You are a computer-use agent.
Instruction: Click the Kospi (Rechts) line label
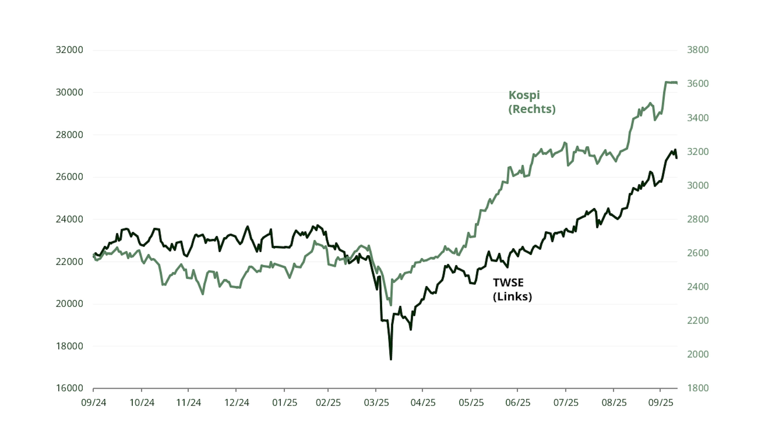[532, 102]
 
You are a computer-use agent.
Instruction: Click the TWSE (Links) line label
[512, 289]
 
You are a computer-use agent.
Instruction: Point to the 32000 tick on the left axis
[69, 50]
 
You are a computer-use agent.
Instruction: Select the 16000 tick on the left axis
[69, 388]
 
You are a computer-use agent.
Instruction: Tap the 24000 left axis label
[69, 219]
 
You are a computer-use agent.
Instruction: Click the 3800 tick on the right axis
[698, 50]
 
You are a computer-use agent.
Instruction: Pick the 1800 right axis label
[698, 388]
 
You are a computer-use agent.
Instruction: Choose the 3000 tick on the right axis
[698, 185]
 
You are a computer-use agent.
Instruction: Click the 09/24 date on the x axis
[93, 403]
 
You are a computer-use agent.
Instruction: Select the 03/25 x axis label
[376, 403]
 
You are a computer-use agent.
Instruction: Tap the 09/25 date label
[661, 403]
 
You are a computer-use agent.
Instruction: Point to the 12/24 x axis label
[237, 403]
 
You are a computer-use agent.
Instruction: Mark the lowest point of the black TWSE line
[391, 359]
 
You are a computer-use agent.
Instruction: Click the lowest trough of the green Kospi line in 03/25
[391, 305]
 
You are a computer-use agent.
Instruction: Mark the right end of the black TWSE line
[676, 158]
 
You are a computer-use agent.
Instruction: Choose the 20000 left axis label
[69, 304]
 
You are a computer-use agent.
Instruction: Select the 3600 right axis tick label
[698, 84]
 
